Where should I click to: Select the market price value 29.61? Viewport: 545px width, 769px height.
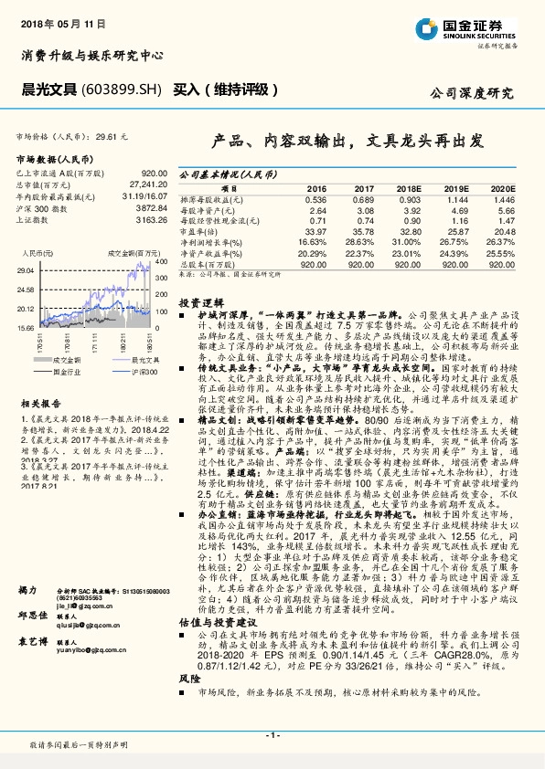point(109,136)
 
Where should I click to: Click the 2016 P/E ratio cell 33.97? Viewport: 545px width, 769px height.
point(314,231)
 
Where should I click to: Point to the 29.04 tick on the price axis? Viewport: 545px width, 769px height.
point(26,270)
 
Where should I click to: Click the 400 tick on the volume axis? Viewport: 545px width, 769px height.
point(161,263)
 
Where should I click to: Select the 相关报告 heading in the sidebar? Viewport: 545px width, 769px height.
point(41,403)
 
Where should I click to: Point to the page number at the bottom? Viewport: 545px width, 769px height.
point(272,734)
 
